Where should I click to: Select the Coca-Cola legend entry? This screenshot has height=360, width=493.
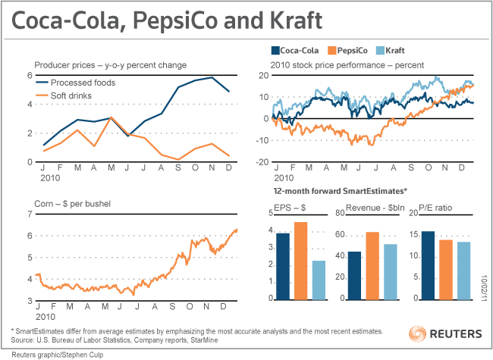click(296, 50)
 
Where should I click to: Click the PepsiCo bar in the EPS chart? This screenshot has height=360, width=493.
click(300, 260)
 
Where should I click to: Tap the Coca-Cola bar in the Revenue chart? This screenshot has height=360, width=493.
click(354, 274)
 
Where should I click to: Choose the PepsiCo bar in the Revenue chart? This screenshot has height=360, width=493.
click(372, 265)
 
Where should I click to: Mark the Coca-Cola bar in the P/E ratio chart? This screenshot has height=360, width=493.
click(427, 265)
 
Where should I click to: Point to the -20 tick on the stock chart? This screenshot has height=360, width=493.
click(262, 161)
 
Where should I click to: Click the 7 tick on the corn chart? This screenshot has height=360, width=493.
click(30, 214)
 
